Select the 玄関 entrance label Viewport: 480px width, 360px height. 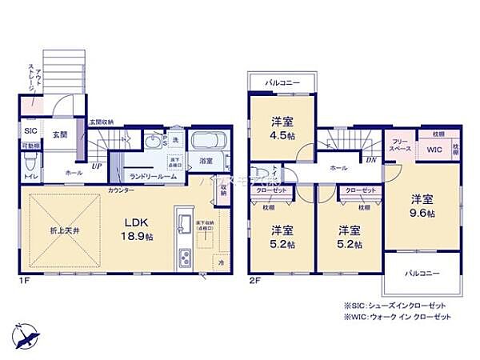point(59,134)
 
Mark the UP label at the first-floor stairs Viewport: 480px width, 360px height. point(97,166)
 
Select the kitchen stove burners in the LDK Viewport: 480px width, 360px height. point(185,259)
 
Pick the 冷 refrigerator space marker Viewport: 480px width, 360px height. point(220,262)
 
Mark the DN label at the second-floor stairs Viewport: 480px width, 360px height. point(370,159)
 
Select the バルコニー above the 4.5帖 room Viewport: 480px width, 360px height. point(280,82)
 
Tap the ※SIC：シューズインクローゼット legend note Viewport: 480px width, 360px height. point(395,306)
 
